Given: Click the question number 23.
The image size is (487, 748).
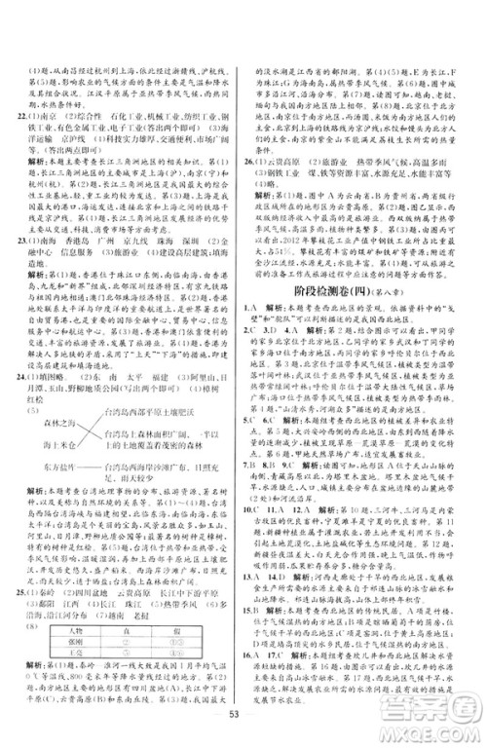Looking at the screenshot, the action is [13, 264].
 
